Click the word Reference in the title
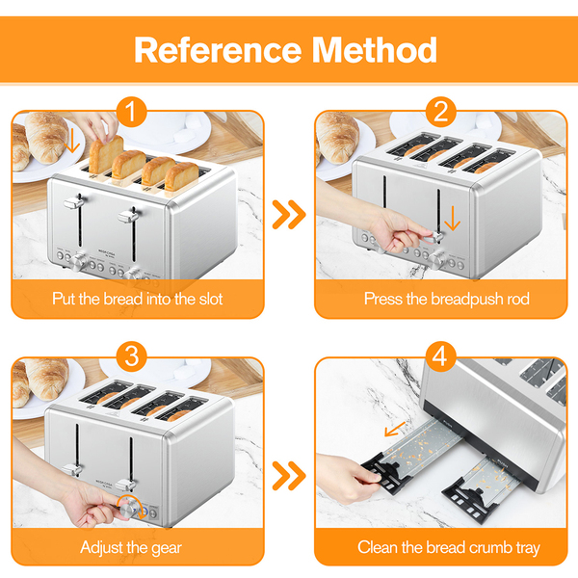pyautogui.click(x=218, y=50)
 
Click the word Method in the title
pyautogui.click(x=375, y=50)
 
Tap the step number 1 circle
pyautogui.click(x=132, y=112)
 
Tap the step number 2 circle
pyautogui.click(x=441, y=112)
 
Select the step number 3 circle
pyautogui.click(x=132, y=357)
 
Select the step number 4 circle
pyautogui.click(x=441, y=357)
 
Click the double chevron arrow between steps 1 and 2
pyautogui.click(x=289, y=215)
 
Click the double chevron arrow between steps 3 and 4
pyautogui.click(x=289, y=476)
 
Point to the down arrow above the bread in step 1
pyautogui.click(x=72, y=141)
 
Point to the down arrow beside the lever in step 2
pyautogui.click(x=453, y=219)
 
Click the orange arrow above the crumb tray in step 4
pyautogui.click(x=395, y=429)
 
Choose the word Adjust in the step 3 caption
pyautogui.click(x=100, y=548)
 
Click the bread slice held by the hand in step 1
pyautogui.click(x=106, y=154)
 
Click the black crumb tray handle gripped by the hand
pyautogui.click(x=385, y=473)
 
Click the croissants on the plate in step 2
pyautogui.click(x=337, y=137)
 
